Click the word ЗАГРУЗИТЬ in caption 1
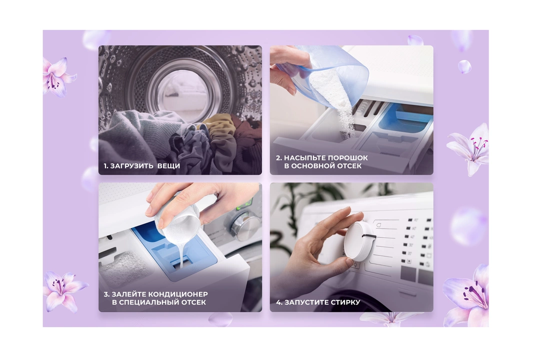131,166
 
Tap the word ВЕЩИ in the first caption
169,166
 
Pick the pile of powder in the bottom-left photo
122,265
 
